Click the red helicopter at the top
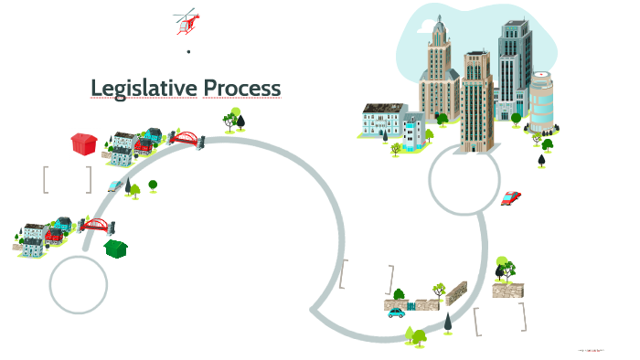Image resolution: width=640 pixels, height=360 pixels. click(187, 21)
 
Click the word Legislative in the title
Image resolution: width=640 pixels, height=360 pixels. click(143, 88)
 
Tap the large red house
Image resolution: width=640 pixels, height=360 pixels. click(84, 143)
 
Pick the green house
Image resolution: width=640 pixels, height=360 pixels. click(116, 247)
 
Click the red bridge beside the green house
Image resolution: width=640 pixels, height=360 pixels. click(95, 225)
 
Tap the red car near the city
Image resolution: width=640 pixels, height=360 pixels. click(511, 197)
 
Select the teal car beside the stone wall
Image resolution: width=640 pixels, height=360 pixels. click(396, 312)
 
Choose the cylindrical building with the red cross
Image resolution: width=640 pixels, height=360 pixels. click(541, 99)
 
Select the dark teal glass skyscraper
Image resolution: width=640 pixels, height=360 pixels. click(514, 64)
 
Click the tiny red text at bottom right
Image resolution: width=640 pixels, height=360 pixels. click(592, 350)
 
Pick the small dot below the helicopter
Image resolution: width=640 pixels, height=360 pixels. click(188, 52)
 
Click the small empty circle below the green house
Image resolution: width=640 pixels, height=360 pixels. click(79, 284)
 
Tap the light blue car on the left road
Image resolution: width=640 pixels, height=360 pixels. click(114, 185)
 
